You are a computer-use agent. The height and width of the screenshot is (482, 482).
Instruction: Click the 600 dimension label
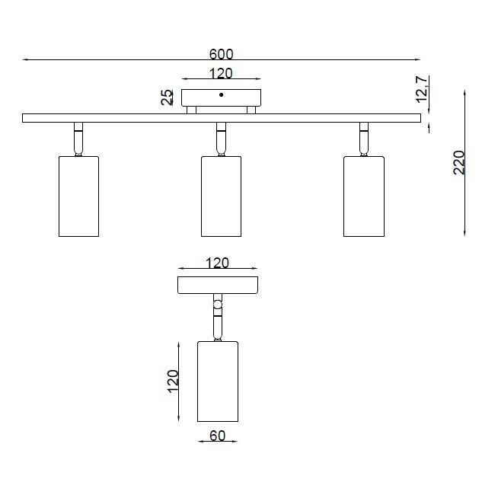point(222,54)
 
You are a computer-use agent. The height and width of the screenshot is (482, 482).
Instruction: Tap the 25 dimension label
point(168,97)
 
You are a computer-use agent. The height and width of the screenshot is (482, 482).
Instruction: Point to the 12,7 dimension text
point(422,89)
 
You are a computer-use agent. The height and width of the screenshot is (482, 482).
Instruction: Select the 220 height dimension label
point(459,163)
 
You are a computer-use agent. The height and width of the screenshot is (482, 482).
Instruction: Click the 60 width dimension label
point(218,436)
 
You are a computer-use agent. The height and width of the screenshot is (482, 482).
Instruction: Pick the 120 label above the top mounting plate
point(221,73)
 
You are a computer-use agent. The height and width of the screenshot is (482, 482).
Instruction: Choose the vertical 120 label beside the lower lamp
point(173,381)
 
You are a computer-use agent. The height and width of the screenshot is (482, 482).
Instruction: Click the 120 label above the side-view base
point(217,263)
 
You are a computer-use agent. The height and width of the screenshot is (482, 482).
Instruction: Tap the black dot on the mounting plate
point(222,95)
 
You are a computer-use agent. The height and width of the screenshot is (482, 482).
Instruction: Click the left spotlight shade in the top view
point(78,196)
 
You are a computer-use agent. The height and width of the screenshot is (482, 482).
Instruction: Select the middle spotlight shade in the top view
point(222,196)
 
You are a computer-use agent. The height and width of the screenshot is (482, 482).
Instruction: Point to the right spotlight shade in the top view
point(364,196)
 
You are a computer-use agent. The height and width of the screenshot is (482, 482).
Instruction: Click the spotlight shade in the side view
point(218,381)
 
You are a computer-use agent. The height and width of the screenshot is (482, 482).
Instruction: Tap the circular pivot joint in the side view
point(218,305)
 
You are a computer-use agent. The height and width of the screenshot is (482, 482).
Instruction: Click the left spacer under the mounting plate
point(192,110)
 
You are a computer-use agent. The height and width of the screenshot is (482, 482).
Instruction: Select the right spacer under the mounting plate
point(251,110)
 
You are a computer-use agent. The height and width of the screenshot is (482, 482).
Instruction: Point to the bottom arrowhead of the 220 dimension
point(464,234)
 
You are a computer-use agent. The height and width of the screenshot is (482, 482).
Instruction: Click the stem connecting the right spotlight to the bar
point(364,139)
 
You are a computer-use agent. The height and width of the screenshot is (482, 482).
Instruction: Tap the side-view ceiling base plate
point(218,285)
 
